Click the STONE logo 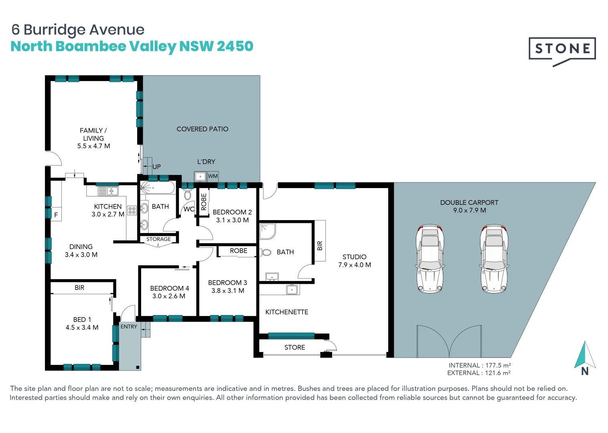pos(562,50)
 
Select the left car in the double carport pos(430,259)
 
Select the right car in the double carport pos(494,259)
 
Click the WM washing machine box pos(213,176)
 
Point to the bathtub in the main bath pos(157,188)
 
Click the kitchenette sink pos(292,289)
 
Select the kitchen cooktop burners pos(132,210)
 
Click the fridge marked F pos(56,215)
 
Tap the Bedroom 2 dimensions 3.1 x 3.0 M pos(232,220)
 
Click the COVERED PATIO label pos(202,129)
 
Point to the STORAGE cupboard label pos(158,239)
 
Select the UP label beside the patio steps pos(156,167)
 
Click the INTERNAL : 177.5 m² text pos(479,365)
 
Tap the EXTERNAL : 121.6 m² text pos(478,373)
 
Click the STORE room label pos(294,348)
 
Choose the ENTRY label pos(129,327)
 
